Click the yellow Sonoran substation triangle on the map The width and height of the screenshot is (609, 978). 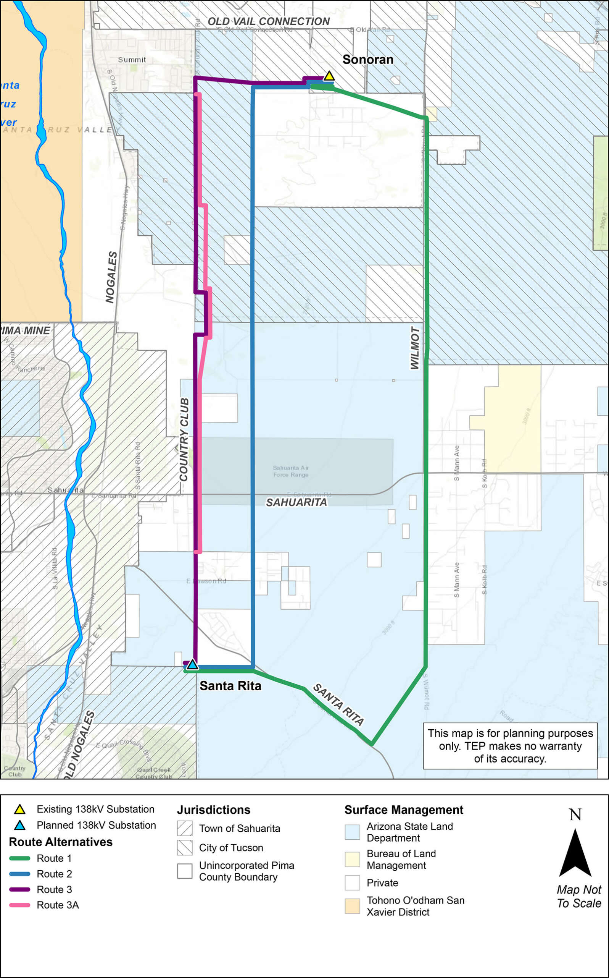coord(329,76)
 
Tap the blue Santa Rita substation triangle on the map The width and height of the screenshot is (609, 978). coord(192,664)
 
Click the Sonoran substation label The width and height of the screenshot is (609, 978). coord(368,60)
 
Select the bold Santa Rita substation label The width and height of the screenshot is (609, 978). coord(230,686)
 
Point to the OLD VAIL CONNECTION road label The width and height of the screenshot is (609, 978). coord(269,21)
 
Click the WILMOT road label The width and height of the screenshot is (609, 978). coord(415,348)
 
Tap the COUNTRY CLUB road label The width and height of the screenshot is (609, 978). coord(184,439)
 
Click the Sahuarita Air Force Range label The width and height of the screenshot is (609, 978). coord(291,471)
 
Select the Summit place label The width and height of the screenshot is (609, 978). coord(132,60)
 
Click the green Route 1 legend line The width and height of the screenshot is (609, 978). coord(19,858)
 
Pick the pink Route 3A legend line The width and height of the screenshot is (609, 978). coord(19,905)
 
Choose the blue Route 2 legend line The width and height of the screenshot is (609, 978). coord(19,874)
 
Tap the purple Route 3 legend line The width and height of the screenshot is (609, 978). coord(19,889)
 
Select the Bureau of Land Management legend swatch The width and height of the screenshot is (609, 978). coord(352,859)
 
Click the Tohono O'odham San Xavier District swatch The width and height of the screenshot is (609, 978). coord(352,906)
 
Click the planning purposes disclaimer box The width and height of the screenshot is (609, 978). coord(510,746)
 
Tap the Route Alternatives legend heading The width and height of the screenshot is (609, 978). coord(61,842)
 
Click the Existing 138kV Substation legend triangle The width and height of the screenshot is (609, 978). coord(20,809)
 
